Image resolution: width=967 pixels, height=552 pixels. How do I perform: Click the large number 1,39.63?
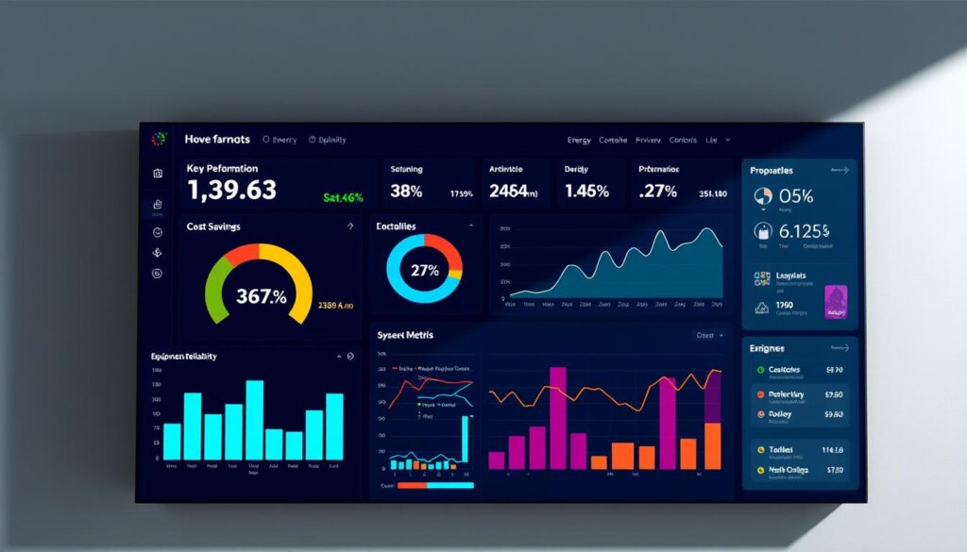(231, 190)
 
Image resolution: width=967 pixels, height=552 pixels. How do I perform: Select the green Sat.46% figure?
(343, 198)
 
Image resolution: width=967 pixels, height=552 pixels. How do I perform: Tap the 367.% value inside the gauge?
(261, 295)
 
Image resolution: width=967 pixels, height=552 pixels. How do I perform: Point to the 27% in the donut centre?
(424, 271)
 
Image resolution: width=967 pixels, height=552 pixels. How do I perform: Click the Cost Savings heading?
(213, 226)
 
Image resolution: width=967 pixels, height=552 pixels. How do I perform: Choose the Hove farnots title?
(218, 140)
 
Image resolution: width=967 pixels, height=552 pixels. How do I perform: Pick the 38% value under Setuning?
(406, 191)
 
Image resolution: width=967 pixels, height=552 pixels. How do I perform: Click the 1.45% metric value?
(587, 191)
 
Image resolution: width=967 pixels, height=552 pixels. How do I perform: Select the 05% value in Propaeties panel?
(796, 196)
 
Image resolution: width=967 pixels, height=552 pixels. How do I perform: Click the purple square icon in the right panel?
(836, 301)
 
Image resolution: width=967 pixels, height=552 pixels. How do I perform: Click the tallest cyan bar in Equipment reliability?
(254, 419)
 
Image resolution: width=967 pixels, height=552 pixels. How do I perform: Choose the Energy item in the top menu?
(579, 140)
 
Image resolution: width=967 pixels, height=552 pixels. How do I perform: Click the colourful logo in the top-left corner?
(159, 139)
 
